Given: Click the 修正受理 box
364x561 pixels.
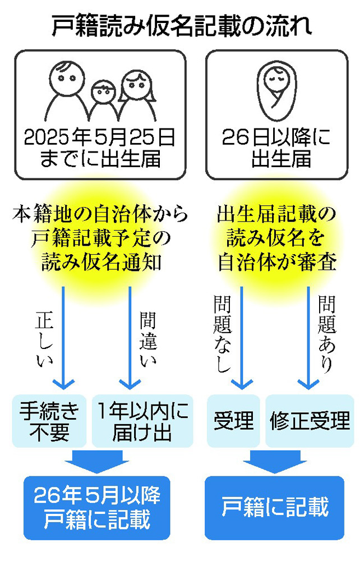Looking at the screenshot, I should coord(310,420).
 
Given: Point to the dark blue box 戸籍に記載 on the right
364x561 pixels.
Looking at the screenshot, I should coord(275,507).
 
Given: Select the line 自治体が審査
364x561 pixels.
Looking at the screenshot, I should coord(277,263).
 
